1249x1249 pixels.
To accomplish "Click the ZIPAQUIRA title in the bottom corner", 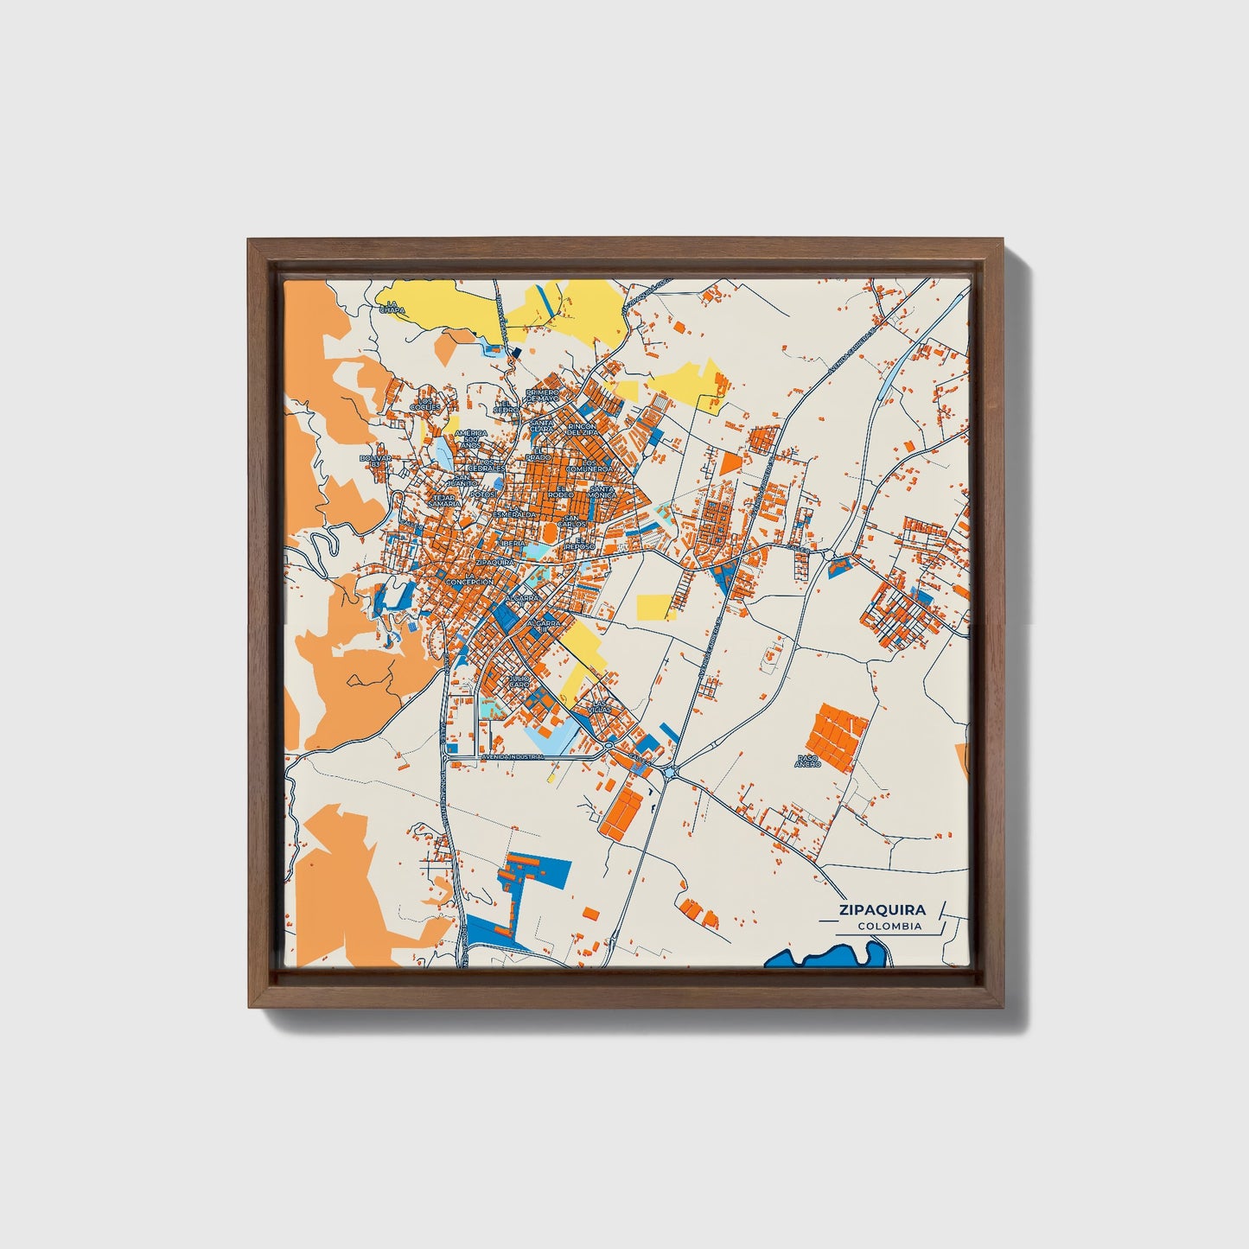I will point(881,909).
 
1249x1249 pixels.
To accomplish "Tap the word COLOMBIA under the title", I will point(889,927).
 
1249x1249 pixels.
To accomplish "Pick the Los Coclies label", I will point(425,404).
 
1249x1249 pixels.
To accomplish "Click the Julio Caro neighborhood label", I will point(519,681).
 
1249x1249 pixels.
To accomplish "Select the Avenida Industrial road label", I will point(508,757).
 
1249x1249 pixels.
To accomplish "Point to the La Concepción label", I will point(469,579).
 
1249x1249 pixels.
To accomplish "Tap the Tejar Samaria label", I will point(444,500).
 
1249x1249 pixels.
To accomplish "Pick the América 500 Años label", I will point(471,438).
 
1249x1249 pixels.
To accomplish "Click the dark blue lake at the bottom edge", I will point(830,958).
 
